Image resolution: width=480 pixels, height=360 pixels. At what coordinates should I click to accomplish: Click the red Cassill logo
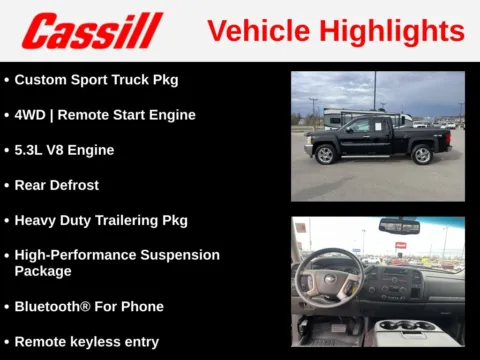(x=92, y=31)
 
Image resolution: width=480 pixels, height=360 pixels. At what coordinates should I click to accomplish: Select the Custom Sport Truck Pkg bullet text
(x=96, y=79)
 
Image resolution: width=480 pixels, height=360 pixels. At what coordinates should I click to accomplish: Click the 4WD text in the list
(x=29, y=115)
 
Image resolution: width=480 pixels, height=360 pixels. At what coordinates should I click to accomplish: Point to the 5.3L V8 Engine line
(x=64, y=150)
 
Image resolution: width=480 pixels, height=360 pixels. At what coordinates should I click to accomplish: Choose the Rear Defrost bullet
(x=56, y=185)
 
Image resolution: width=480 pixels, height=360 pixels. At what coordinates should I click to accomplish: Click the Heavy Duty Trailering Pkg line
(x=100, y=220)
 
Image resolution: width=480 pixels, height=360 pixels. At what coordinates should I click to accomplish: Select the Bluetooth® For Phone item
(x=88, y=306)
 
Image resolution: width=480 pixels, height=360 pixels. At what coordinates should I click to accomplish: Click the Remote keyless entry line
(x=86, y=341)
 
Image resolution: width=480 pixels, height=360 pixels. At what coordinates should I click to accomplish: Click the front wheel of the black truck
(x=325, y=154)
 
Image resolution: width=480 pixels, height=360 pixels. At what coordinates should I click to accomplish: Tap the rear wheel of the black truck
(x=422, y=154)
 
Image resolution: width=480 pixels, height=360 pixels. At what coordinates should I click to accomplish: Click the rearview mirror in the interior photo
(x=399, y=227)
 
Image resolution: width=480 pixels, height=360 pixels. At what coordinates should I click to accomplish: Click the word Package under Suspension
(x=43, y=271)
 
